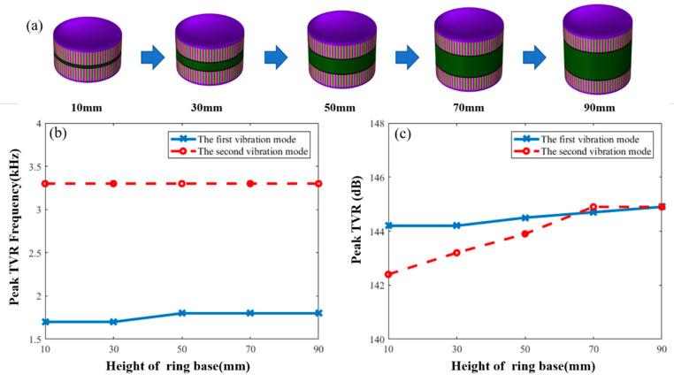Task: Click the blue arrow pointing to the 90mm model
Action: click(x=535, y=58)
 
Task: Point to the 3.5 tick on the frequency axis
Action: click(x=37, y=166)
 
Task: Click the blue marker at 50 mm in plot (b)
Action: click(x=181, y=313)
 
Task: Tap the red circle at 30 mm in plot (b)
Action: click(x=112, y=184)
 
